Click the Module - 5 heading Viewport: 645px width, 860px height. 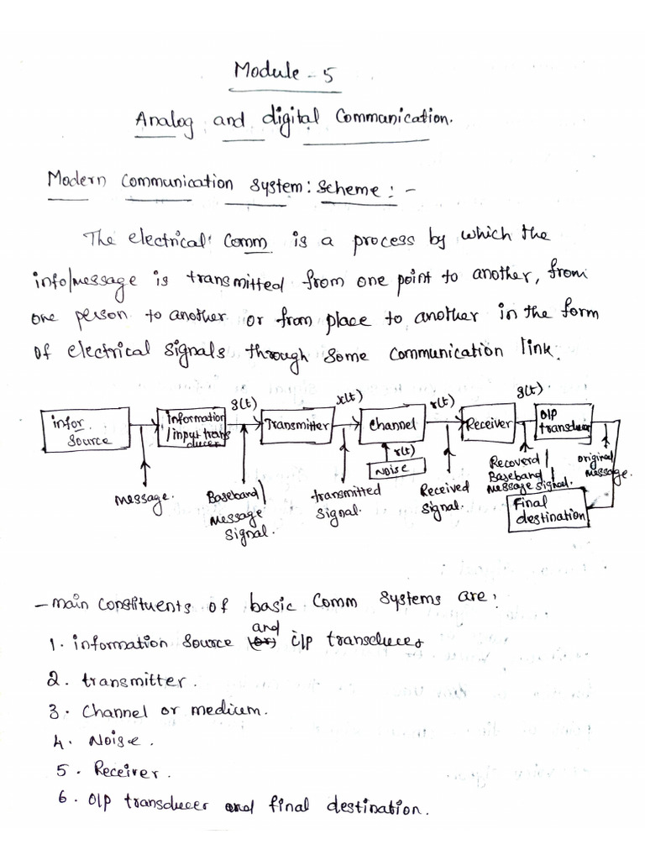284,74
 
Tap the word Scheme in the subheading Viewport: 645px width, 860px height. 348,188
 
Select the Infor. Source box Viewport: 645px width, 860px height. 85,430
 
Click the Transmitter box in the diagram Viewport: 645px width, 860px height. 296,425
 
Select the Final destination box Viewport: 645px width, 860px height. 548,511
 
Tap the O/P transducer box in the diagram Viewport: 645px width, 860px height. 564,421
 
